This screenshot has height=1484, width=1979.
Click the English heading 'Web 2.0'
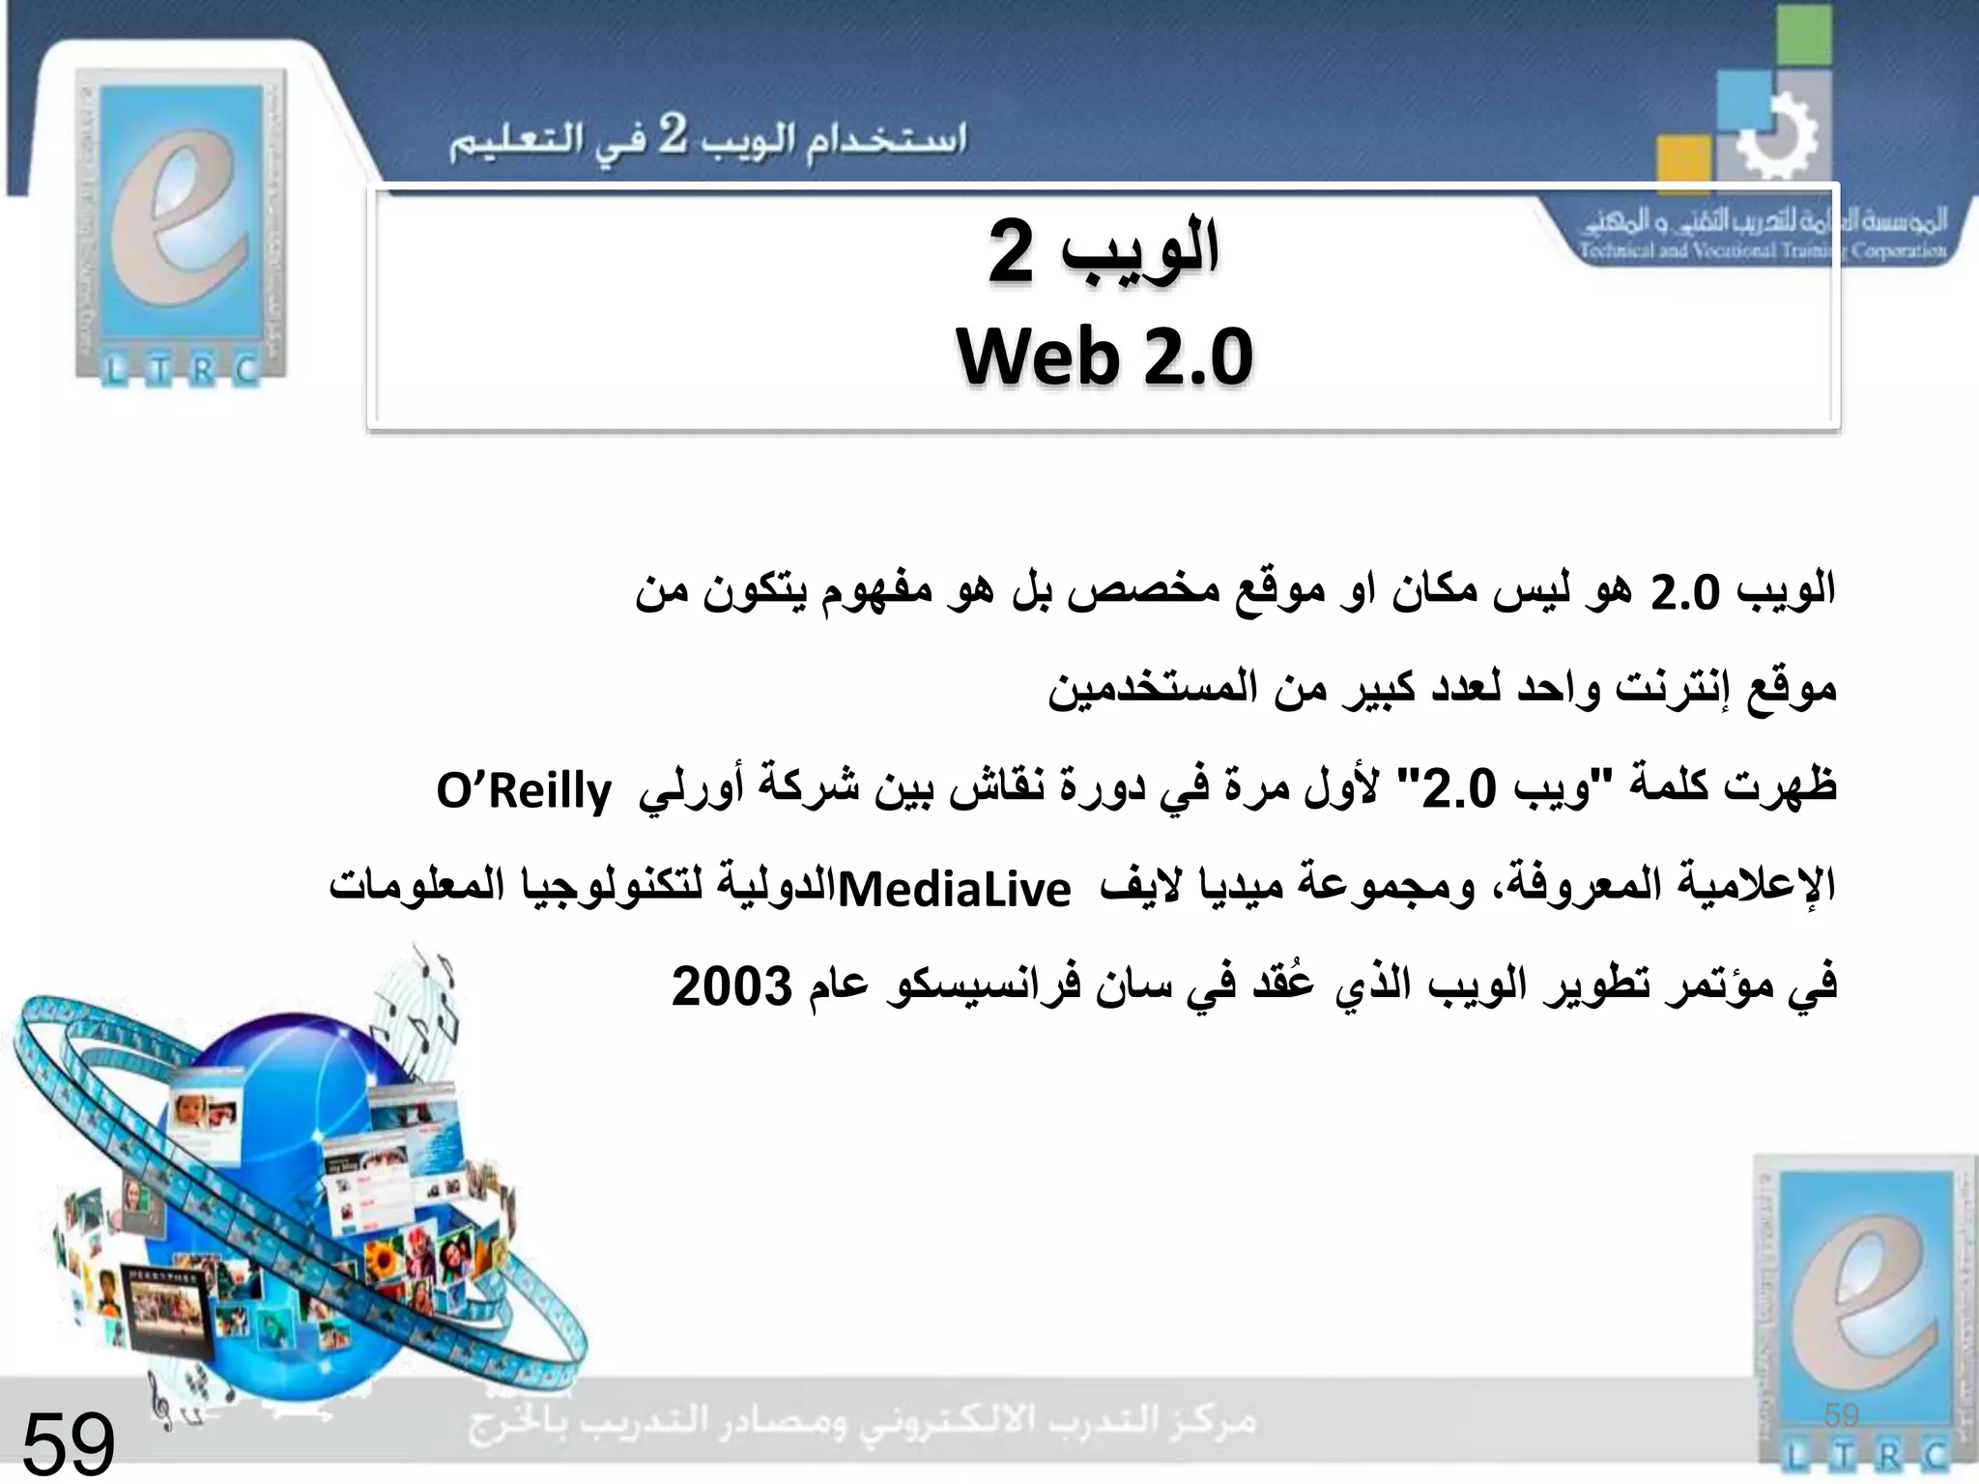coord(1104,357)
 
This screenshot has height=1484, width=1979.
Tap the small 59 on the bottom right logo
coord(1841,1415)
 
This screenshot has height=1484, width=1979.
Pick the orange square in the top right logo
coord(1682,164)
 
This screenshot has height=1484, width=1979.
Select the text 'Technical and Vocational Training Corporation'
coord(1762,251)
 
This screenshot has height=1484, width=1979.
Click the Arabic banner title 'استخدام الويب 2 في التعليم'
coord(707,141)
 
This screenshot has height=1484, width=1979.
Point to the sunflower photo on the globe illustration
coord(384,1257)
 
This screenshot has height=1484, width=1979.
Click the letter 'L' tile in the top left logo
coord(114,369)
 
